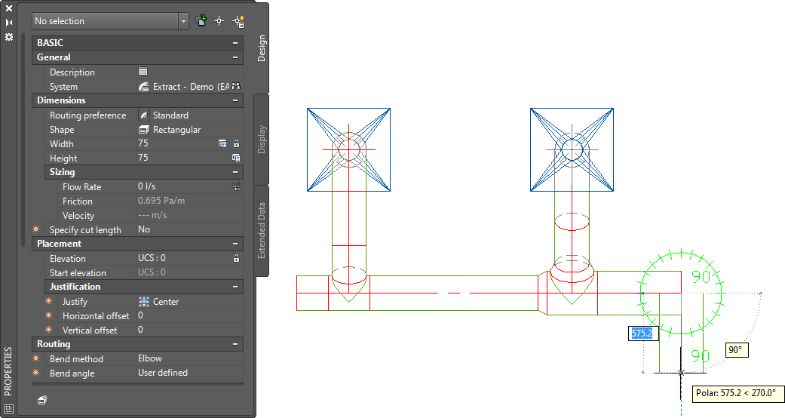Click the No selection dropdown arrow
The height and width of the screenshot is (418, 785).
pyautogui.click(x=183, y=21)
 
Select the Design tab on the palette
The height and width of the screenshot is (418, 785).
pyautogui.click(x=262, y=48)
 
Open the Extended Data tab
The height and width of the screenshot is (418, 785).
pyautogui.click(x=262, y=231)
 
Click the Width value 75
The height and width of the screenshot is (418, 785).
pyautogui.click(x=143, y=143)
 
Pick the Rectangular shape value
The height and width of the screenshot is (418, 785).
pyautogui.click(x=176, y=130)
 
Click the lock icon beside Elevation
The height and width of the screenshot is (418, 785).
pyautogui.click(x=236, y=258)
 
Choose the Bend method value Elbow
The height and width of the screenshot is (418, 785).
pyautogui.click(x=150, y=358)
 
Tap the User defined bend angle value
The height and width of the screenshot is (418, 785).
pyautogui.click(x=163, y=373)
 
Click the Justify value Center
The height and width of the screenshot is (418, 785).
pyautogui.click(x=166, y=302)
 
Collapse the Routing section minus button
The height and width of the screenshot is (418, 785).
pyautogui.click(x=235, y=344)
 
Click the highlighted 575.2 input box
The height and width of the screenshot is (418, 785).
pyautogui.click(x=643, y=333)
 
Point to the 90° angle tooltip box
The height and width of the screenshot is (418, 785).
pyautogui.click(x=737, y=350)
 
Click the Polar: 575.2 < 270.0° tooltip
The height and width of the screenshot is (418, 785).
pyautogui.click(x=736, y=393)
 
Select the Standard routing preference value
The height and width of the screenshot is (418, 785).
pyautogui.click(x=170, y=115)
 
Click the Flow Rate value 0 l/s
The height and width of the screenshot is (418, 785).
pyautogui.click(x=147, y=186)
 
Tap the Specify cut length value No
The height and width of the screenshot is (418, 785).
pyautogui.click(x=144, y=229)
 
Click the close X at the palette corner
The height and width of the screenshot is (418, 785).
pyautogui.click(x=9, y=8)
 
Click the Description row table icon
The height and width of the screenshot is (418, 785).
pyautogui.click(x=143, y=71)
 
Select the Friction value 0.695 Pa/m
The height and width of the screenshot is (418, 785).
pyautogui.click(x=161, y=201)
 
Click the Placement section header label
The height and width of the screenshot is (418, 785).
pyautogui.click(x=59, y=244)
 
